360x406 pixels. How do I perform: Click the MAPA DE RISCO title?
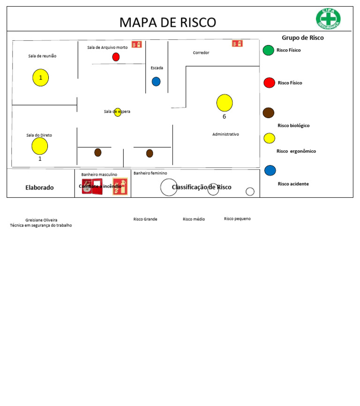167,22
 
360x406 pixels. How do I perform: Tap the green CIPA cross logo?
328,19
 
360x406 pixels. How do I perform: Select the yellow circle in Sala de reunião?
41,77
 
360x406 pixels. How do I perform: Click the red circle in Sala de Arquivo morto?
116,57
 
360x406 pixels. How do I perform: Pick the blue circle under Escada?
156,82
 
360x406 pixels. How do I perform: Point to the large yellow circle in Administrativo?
225,103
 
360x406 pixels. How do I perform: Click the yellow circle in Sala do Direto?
40,146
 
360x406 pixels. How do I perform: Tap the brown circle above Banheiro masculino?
98,152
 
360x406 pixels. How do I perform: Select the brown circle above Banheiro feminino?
150,153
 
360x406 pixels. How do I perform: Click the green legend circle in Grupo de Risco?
268,50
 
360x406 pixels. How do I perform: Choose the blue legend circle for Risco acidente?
270,170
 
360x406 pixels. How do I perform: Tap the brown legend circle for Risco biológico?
269,113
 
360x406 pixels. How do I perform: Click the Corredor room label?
201,53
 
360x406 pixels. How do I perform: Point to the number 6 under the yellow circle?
224,117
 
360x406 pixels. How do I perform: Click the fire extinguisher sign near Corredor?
237,44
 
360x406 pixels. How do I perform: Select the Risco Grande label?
145,219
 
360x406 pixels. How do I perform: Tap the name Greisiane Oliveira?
41,220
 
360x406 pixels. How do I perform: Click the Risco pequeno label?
237,218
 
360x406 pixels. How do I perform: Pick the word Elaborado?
39,188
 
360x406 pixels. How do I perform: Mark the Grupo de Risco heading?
302,38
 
